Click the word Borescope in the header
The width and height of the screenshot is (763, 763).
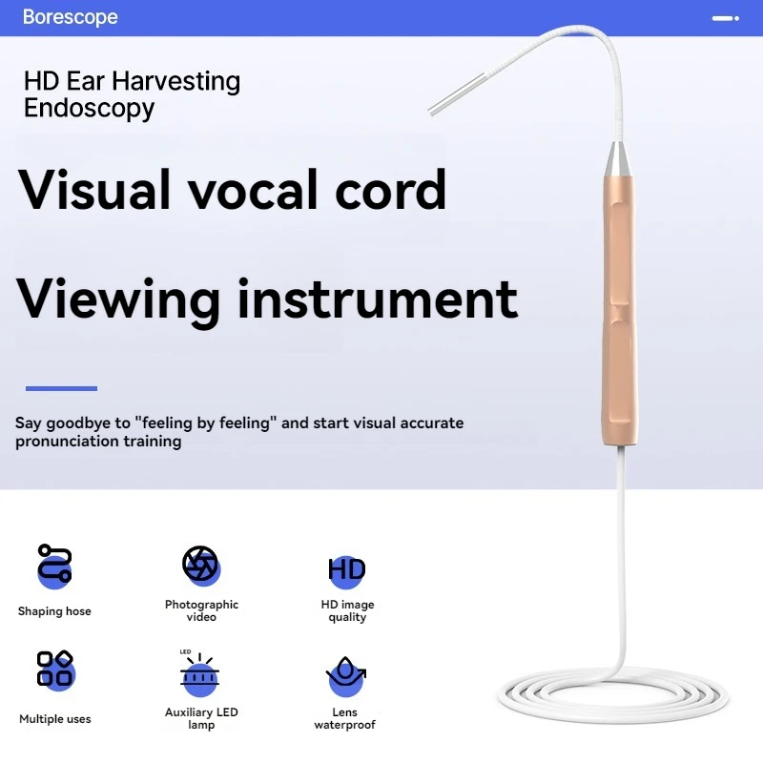click(70, 17)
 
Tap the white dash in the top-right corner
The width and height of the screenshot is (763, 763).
click(726, 17)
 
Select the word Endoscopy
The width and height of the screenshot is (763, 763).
click(89, 108)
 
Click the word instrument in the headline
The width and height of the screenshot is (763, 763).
click(377, 299)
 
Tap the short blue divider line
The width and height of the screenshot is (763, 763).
click(61, 388)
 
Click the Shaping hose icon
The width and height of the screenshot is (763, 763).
click(54, 564)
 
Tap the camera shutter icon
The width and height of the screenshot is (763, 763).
click(201, 565)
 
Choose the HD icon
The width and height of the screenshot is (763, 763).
click(346, 570)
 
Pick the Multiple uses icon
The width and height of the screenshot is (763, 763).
click(55, 670)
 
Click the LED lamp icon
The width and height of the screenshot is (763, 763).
click(200, 674)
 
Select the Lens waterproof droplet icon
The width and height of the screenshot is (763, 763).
click(345, 673)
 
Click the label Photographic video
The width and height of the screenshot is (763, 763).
click(201, 610)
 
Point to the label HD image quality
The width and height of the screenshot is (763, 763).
click(347, 610)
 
